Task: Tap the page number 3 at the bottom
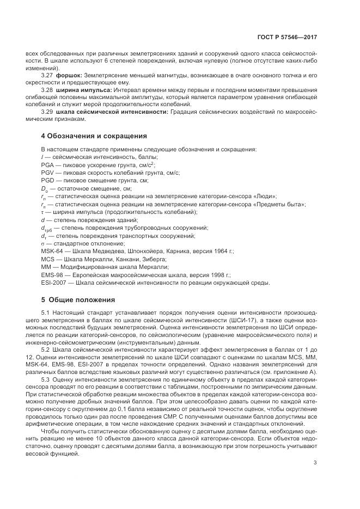click(x=315, y=463)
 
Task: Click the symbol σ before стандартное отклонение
click(x=43, y=243)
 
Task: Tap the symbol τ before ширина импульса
click(x=42, y=212)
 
